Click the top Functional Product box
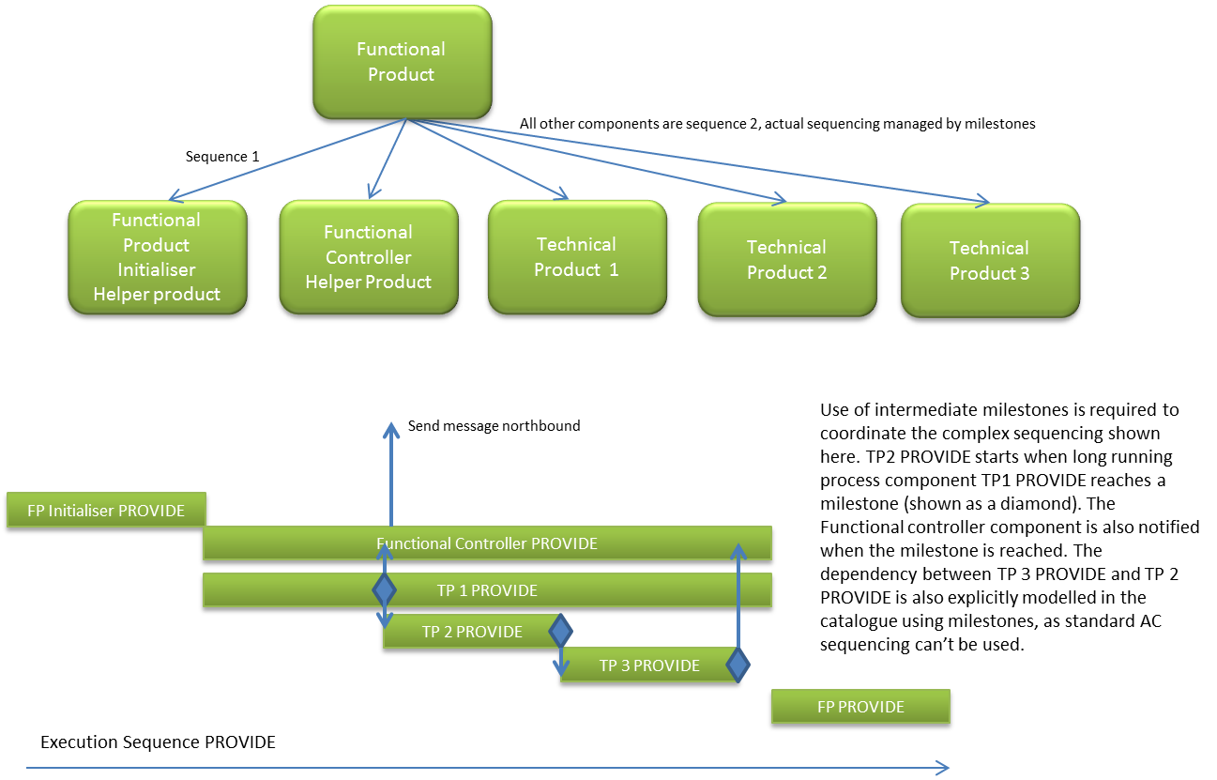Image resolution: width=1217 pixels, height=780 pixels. (x=402, y=62)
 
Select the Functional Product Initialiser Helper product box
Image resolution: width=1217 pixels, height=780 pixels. (x=157, y=257)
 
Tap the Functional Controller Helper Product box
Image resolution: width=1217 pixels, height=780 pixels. (x=368, y=257)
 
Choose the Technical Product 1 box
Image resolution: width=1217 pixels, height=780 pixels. (x=576, y=257)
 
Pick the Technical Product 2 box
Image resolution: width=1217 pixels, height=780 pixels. (x=786, y=260)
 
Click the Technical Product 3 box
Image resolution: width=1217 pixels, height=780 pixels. (x=989, y=261)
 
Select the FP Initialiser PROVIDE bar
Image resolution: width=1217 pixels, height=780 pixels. (x=106, y=511)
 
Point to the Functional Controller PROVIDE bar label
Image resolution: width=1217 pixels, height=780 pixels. (x=487, y=543)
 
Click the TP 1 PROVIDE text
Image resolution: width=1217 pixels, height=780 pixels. (x=487, y=590)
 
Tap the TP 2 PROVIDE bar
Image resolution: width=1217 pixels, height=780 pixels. (x=471, y=632)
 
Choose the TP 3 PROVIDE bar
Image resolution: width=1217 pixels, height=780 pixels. (x=648, y=665)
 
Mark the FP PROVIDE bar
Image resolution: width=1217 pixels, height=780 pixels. (x=860, y=707)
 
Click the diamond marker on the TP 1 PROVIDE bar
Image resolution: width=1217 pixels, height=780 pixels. (x=384, y=590)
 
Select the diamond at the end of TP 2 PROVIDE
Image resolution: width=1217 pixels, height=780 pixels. (x=560, y=631)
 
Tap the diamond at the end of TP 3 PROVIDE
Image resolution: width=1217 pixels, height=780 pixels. (x=738, y=665)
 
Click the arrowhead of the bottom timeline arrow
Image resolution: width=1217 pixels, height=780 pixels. (x=944, y=768)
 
